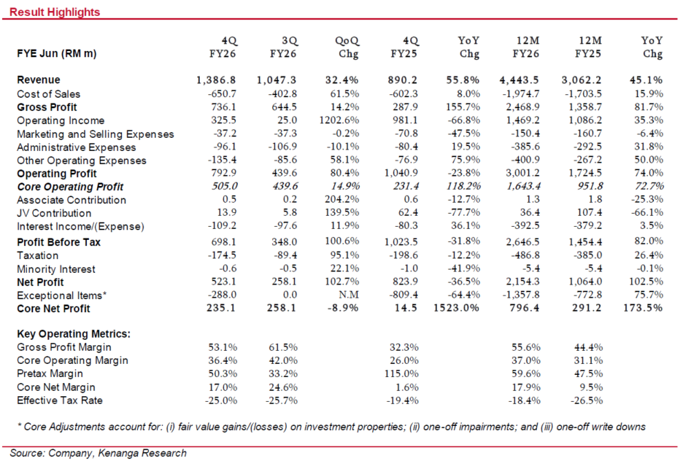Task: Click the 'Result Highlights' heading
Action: (55, 12)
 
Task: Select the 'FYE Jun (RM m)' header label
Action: (57, 53)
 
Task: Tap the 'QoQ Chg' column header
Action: (347, 47)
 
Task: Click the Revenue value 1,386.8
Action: (216, 80)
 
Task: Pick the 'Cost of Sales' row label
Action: (48, 94)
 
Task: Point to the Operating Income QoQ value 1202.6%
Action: (339, 120)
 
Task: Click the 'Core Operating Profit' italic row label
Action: (70, 187)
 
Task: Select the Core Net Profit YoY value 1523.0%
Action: (457, 308)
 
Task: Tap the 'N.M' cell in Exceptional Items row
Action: (349, 295)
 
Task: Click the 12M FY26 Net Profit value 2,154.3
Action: (522, 282)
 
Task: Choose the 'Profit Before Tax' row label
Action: (59, 242)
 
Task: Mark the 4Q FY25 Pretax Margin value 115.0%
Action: (401, 373)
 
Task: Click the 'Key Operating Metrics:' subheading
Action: (74, 334)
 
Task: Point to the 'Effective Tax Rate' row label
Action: (60, 400)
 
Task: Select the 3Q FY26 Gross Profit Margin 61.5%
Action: (283, 347)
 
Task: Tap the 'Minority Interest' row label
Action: (55, 269)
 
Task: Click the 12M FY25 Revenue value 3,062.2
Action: (582, 80)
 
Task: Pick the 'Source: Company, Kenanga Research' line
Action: (98, 453)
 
